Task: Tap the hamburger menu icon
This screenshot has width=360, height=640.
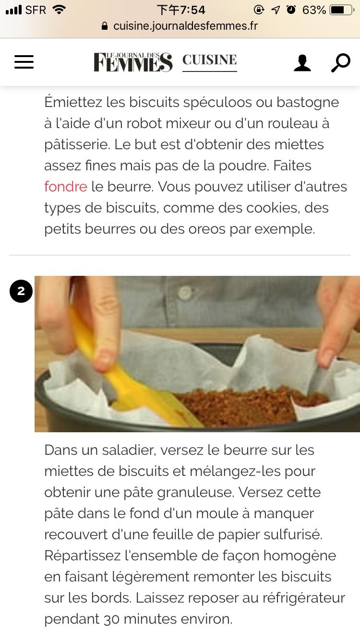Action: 24,62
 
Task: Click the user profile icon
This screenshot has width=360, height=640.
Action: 302,63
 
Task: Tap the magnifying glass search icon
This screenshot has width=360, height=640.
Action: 340,62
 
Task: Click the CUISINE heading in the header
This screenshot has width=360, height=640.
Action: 210,60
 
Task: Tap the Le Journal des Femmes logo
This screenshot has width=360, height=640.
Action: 133,62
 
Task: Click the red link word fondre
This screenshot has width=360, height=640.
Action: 66,187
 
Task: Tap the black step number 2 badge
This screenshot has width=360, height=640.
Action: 21,291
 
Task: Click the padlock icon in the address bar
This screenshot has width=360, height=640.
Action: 105,26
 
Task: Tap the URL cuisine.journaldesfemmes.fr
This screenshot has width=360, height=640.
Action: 186,26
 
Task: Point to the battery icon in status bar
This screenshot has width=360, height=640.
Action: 340,10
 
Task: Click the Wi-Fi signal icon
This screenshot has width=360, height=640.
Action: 59,10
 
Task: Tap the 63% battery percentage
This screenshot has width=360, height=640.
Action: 314,10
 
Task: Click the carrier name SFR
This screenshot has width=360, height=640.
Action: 36,10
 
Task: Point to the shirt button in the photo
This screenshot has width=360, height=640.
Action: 185,293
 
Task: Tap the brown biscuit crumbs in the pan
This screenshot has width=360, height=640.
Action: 249,406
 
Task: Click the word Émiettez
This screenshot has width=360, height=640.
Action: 73,102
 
